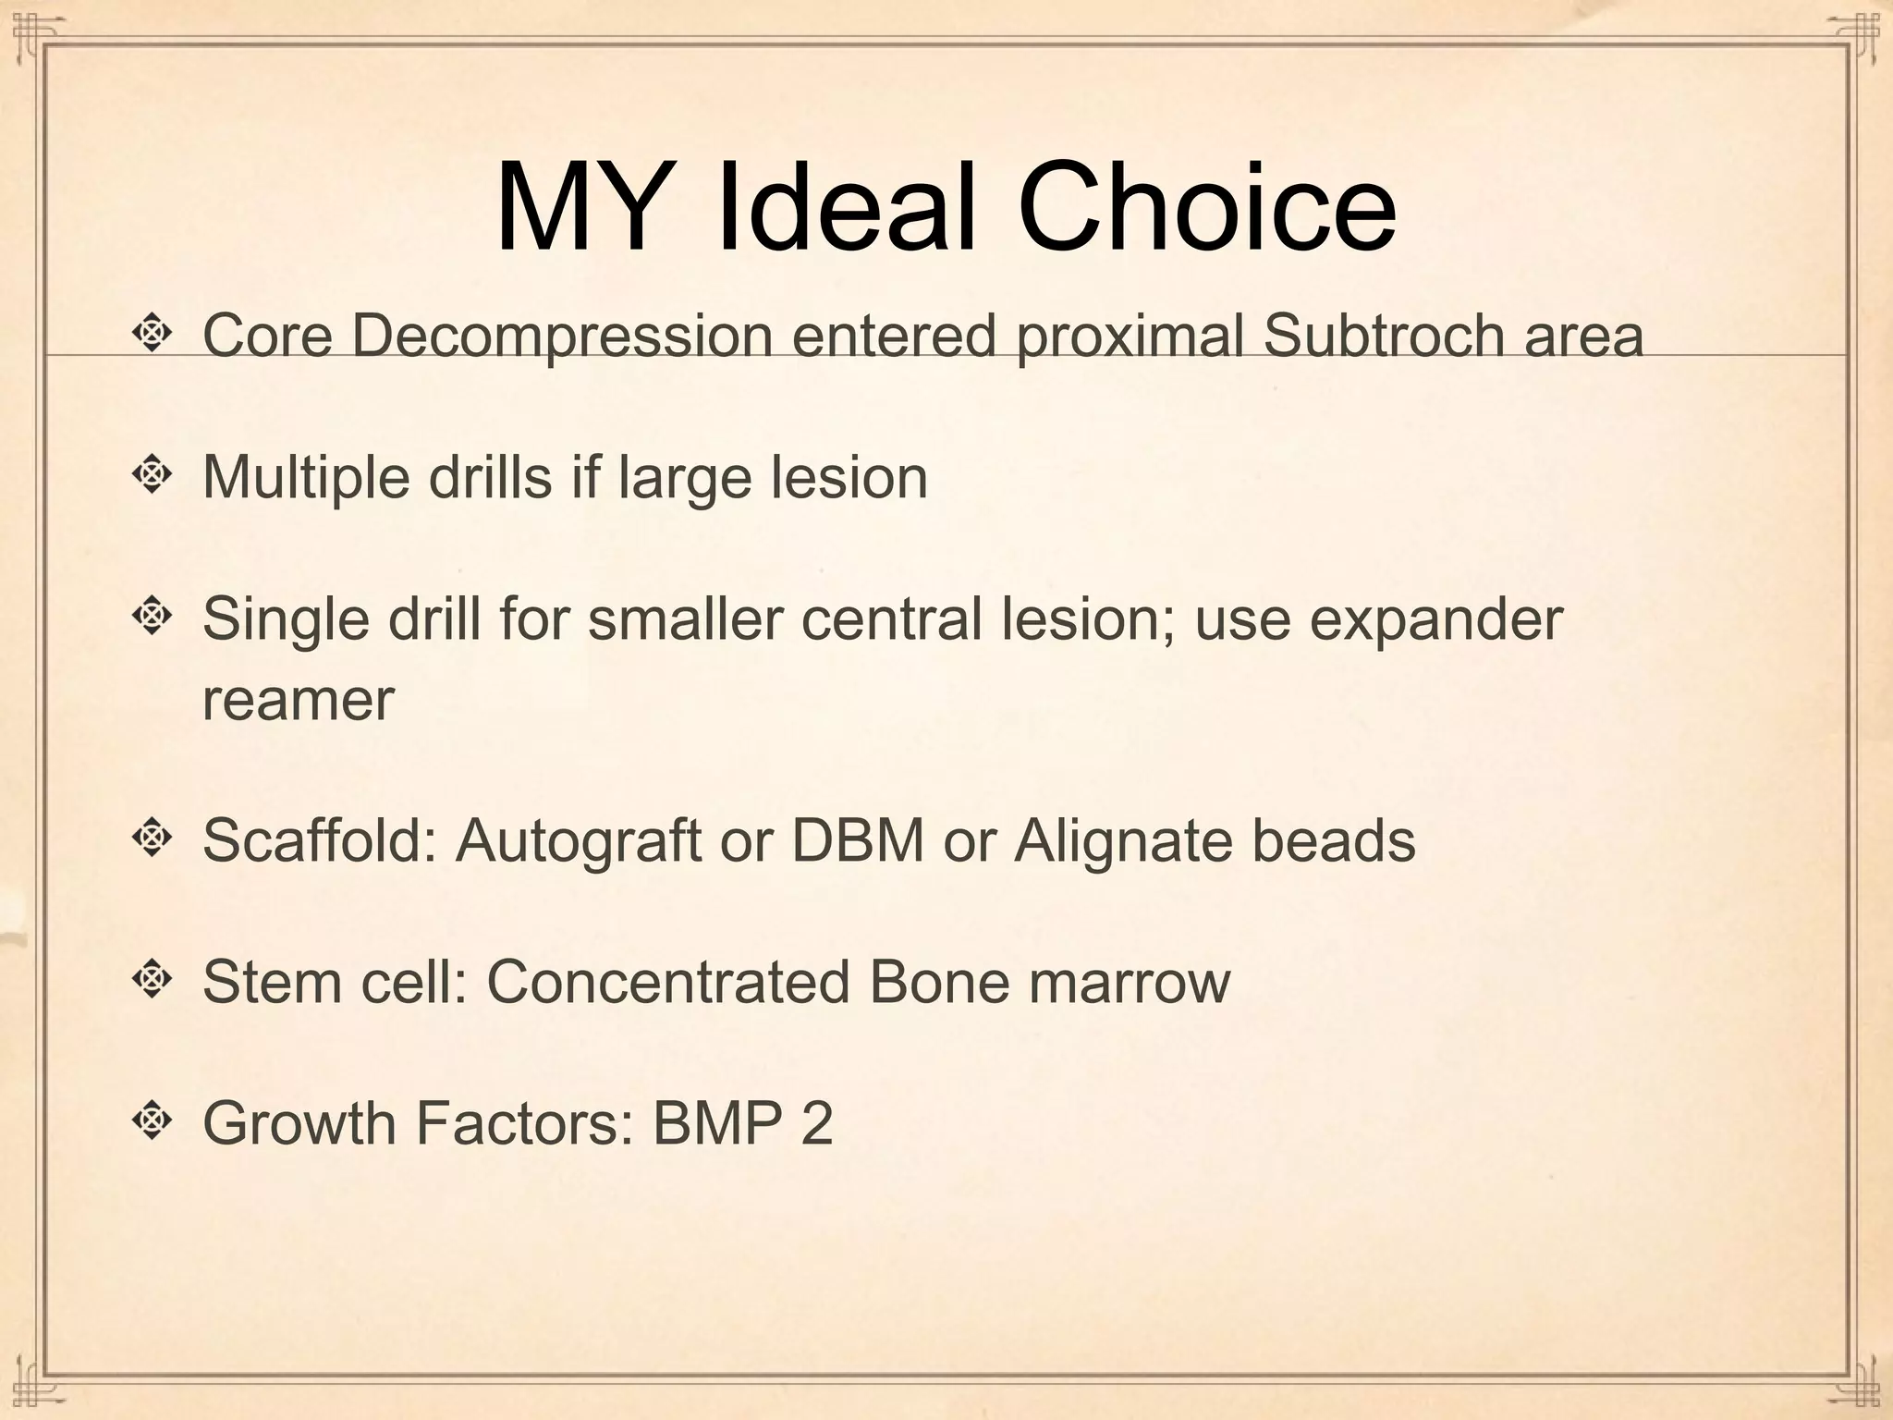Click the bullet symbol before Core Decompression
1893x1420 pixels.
pyautogui.click(x=153, y=333)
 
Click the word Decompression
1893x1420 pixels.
pyautogui.click(x=562, y=337)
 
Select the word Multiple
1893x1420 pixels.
pyautogui.click(x=306, y=479)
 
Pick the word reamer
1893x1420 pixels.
pyautogui.click(x=298, y=701)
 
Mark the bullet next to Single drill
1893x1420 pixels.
pyautogui.click(x=153, y=614)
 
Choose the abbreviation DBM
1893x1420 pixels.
pyautogui.click(x=858, y=840)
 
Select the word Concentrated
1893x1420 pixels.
pyautogui.click(x=668, y=983)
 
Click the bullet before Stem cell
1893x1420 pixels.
pyautogui.click(x=153, y=977)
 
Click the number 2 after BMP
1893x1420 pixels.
pyautogui.click(x=816, y=1124)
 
